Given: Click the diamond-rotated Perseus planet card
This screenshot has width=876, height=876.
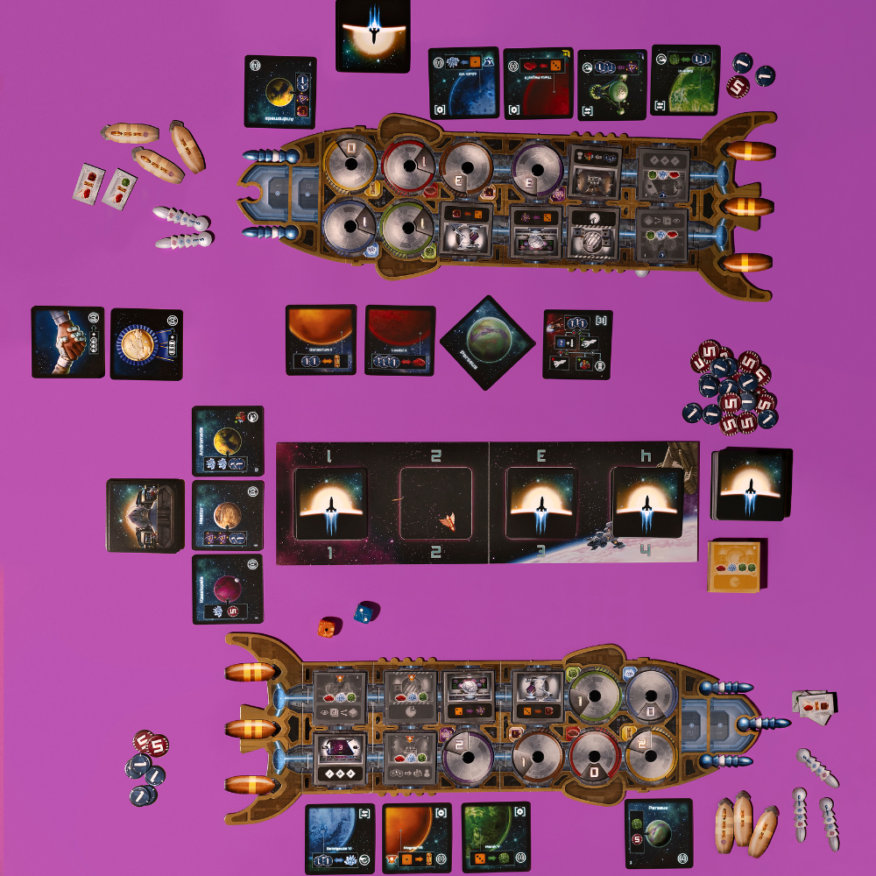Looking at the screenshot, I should (487, 340).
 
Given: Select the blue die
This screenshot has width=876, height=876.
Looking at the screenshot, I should (362, 611).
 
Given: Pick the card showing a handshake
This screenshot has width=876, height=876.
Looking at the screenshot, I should (67, 342).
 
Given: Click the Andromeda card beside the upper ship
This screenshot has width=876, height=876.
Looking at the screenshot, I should (280, 92).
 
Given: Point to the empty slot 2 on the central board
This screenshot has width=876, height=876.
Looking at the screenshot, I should (435, 504).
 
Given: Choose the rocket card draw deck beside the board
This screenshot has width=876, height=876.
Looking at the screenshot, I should (752, 484).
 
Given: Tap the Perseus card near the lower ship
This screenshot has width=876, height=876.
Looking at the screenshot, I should (659, 832).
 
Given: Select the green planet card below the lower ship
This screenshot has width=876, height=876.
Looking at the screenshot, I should (497, 837).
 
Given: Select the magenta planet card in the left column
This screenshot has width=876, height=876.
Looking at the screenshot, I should (227, 590).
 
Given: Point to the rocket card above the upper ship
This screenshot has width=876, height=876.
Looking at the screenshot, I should (372, 35).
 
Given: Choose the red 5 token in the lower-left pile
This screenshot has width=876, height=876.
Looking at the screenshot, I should (154, 745).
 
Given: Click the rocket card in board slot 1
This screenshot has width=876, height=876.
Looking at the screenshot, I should (330, 504).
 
